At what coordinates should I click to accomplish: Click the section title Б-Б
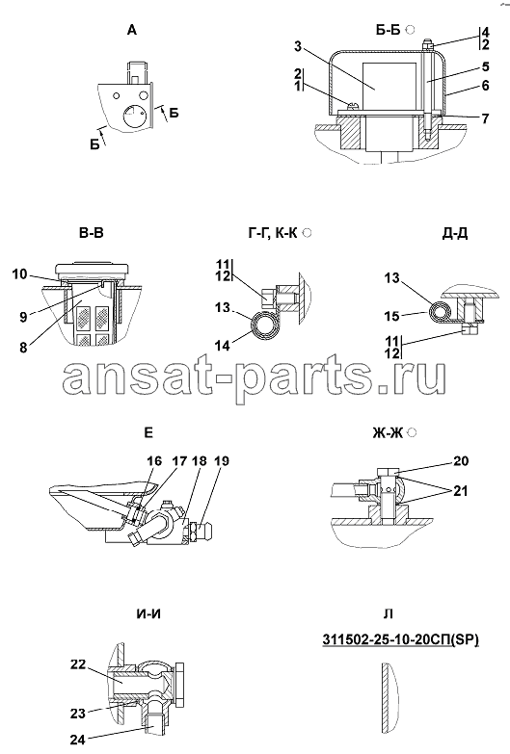click(389, 30)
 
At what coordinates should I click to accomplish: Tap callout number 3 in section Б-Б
click(298, 46)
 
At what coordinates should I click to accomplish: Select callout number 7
click(485, 117)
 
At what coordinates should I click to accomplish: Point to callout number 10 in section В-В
click(19, 274)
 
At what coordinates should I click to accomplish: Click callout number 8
click(23, 348)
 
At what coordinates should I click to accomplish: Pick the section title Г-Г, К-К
click(273, 234)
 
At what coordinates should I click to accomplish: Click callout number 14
click(223, 345)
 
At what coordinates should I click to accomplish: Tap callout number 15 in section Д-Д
click(391, 315)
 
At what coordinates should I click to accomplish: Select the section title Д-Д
click(455, 233)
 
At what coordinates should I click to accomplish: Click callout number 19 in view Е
click(221, 460)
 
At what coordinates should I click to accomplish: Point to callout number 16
click(154, 460)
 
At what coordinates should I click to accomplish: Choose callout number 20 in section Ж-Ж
click(461, 460)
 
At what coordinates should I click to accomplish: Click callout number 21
click(461, 491)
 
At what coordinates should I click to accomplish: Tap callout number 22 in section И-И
click(77, 664)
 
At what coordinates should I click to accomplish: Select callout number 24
click(77, 739)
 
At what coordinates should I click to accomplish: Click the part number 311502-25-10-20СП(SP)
click(401, 639)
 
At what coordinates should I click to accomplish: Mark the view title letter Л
click(389, 614)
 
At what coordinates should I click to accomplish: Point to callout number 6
click(485, 85)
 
